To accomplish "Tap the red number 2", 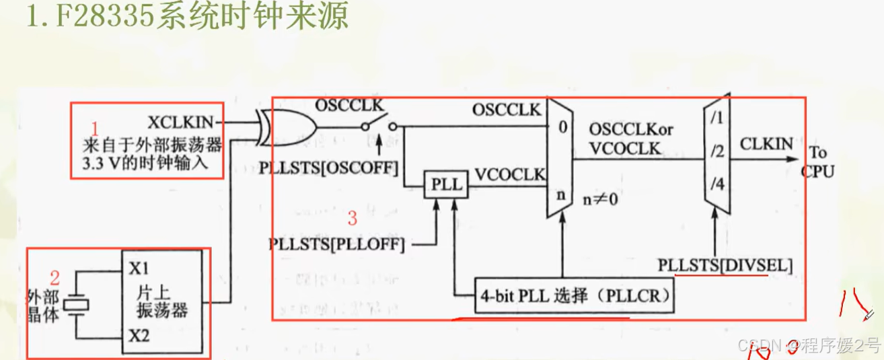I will tap(55, 277).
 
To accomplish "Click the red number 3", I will tap(352, 218).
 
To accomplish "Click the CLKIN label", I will tap(766, 144).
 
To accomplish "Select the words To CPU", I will tap(817, 161).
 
